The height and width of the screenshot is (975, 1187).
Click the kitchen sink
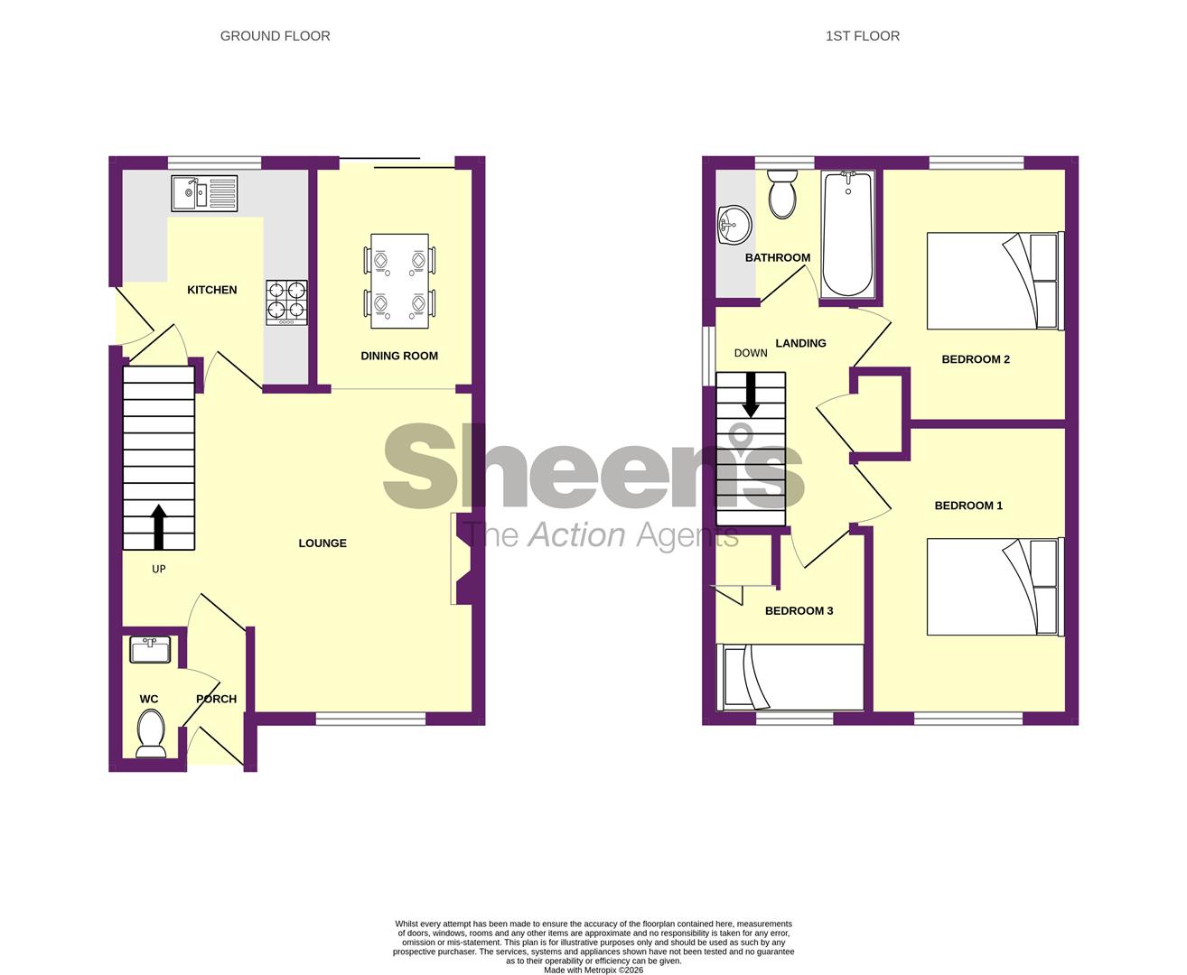click(x=204, y=193)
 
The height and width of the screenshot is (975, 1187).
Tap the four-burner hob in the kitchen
click(x=286, y=303)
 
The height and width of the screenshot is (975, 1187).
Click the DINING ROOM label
click(x=399, y=356)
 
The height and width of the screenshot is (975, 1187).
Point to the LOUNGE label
click(x=322, y=543)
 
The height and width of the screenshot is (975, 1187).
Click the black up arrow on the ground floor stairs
click(x=159, y=526)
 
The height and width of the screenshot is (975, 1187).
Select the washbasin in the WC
click(x=150, y=650)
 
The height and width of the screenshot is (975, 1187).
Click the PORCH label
click(x=217, y=699)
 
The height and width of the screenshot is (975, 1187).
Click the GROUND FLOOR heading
click(x=275, y=36)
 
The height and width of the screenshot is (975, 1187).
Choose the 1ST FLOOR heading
click(x=862, y=36)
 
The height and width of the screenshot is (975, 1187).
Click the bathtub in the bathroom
click(x=848, y=234)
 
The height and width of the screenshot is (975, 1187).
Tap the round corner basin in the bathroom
click(x=734, y=225)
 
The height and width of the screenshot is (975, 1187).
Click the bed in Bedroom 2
click(x=995, y=281)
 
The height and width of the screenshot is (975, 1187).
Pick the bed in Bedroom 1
click(x=995, y=587)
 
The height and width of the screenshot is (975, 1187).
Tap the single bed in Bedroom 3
click(x=790, y=677)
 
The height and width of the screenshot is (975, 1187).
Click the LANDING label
click(x=800, y=343)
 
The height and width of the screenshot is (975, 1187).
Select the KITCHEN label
click(x=211, y=290)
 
